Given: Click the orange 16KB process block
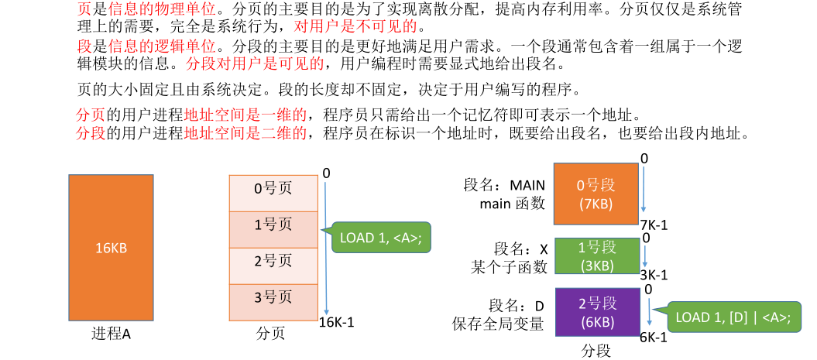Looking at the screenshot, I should (x=111, y=248).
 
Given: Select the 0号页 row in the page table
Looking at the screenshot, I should (x=273, y=188).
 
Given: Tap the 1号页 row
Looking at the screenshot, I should (x=273, y=224).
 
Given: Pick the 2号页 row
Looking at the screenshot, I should (x=273, y=260).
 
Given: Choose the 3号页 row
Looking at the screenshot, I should (x=273, y=296).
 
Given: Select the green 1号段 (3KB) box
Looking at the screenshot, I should (x=596, y=256).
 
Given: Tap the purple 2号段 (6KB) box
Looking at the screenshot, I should (x=596, y=313).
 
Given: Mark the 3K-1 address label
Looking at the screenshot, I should (x=654, y=275).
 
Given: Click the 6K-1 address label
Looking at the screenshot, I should (x=654, y=338).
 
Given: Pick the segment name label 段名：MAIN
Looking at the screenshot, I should (x=504, y=186).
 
